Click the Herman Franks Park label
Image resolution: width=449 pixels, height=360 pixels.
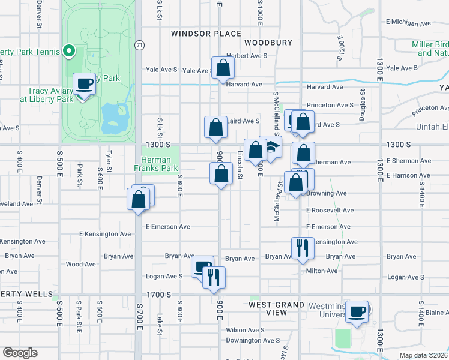(156, 164)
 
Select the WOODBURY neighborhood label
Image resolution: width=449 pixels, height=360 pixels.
(268, 43)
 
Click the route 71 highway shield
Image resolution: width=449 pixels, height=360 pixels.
(139, 45)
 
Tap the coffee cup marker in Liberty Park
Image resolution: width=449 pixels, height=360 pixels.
(84, 83)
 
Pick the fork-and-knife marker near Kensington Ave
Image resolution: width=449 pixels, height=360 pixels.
(302, 247)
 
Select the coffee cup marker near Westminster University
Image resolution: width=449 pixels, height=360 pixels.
(357, 311)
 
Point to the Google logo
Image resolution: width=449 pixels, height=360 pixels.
(20, 353)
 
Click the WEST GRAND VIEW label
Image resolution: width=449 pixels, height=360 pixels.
(277, 308)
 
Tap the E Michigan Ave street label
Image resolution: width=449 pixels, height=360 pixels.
(409, 22)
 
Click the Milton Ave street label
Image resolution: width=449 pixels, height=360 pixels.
(322, 271)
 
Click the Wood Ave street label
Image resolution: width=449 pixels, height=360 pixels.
(81, 264)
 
